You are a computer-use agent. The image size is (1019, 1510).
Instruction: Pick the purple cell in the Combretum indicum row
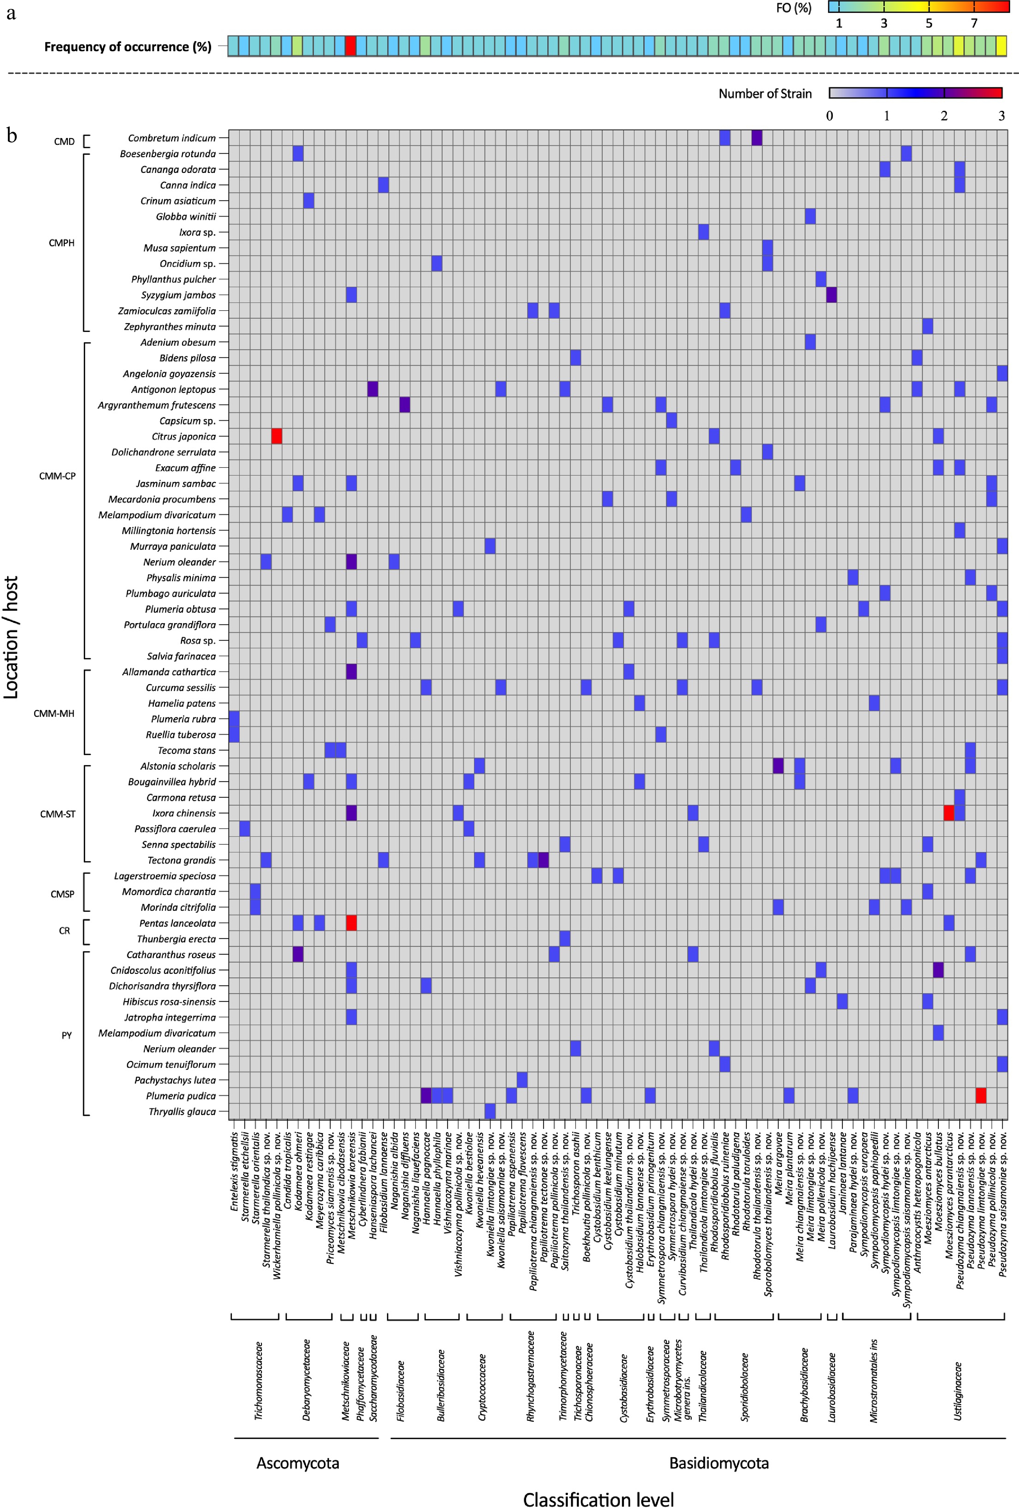[x=757, y=138]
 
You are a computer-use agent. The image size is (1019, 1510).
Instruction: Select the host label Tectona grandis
[x=181, y=860]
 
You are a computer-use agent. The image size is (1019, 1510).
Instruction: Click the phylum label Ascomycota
[x=298, y=1463]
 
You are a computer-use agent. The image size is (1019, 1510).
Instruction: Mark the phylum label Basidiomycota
[x=719, y=1463]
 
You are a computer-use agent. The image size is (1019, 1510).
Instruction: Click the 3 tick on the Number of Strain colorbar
[x=1001, y=116]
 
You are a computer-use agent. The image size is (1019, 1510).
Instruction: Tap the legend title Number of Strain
[x=765, y=94]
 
